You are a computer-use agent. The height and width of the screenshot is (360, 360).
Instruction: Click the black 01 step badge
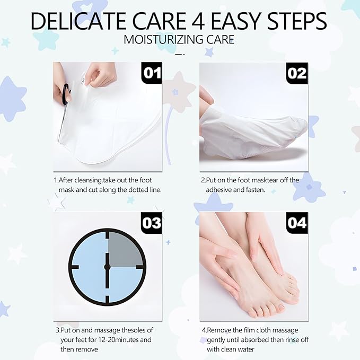(x=152, y=73)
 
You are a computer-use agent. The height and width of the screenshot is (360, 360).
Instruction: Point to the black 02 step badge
(x=297, y=73)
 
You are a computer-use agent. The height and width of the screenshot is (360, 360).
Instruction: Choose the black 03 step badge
(x=152, y=223)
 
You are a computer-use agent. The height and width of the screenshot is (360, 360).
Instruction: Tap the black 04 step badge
(x=297, y=223)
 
